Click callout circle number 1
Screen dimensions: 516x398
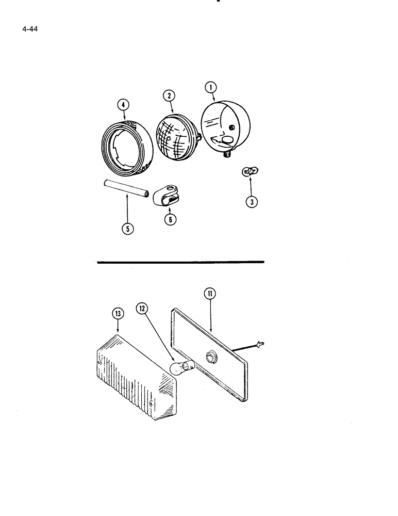[212, 87]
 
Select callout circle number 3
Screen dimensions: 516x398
[251, 202]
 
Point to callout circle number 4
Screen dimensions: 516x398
[122, 105]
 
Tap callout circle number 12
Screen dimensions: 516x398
[142, 309]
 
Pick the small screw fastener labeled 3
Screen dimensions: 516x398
[251, 171]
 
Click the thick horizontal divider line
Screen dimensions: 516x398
[180, 262]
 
